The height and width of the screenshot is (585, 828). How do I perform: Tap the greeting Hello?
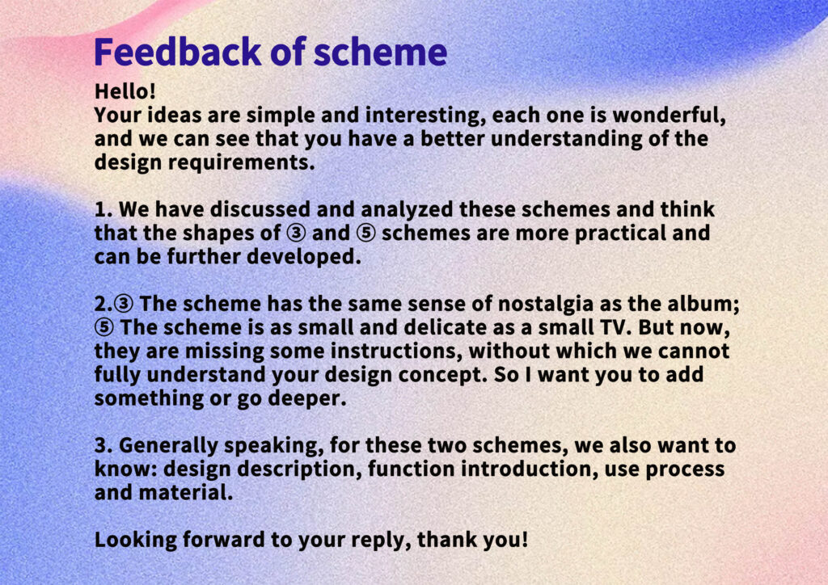[125, 91]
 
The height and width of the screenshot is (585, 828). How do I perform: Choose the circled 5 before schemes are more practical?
[366, 234]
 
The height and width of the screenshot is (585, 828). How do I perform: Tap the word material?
[185, 493]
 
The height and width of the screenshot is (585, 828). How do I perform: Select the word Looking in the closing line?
[136, 541]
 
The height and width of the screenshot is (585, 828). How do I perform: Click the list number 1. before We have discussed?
[103, 209]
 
